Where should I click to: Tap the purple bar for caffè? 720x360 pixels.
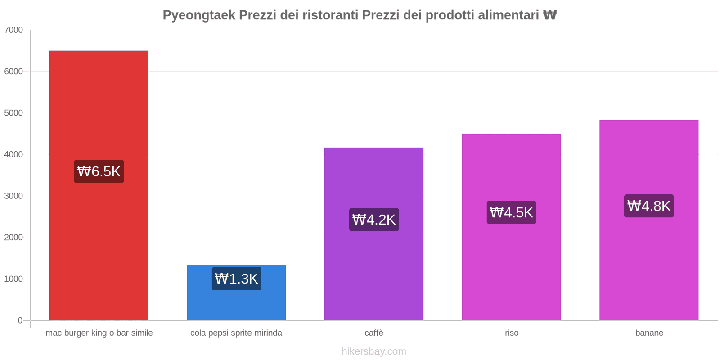click(x=373, y=270)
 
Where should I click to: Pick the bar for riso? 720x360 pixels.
click(x=511, y=270)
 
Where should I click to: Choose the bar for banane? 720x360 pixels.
click(x=648, y=270)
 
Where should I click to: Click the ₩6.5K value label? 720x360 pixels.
click(x=99, y=171)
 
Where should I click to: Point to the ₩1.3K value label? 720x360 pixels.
click(x=236, y=279)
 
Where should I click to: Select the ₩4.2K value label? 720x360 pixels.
click(x=374, y=220)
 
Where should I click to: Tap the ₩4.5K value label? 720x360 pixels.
click(x=512, y=212)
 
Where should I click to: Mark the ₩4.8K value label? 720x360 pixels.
click(x=649, y=206)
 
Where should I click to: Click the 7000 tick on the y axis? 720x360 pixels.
click(x=13, y=30)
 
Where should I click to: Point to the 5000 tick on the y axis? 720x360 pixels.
click(x=13, y=113)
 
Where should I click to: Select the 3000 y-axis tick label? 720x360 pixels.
click(x=13, y=196)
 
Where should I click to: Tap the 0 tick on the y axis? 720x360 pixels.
click(x=20, y=320)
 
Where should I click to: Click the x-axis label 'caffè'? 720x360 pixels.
click(x=374, y=333)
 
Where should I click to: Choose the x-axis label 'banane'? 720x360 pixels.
click(x=649, y=333)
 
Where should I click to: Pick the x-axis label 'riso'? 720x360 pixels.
click(x=512, y=333)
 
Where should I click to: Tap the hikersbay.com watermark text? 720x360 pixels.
click(x=374, y=351)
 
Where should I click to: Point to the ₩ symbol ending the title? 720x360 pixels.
click(x=550, y=15)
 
